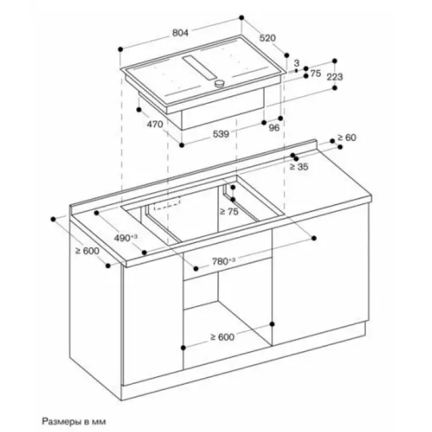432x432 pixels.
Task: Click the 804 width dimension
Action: pos(181,34)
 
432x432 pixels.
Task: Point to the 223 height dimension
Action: pos(335,77)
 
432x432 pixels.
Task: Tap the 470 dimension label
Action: pos(155,125)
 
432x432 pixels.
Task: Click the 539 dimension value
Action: pos(221,135)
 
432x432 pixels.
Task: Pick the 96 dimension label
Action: pos(274,128)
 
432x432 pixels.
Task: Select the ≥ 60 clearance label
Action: pos(346,138)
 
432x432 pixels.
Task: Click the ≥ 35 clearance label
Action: pos(299,167)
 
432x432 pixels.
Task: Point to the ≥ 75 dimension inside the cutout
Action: pos(229,211)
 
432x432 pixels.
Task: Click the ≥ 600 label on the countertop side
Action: pos(86,251)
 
